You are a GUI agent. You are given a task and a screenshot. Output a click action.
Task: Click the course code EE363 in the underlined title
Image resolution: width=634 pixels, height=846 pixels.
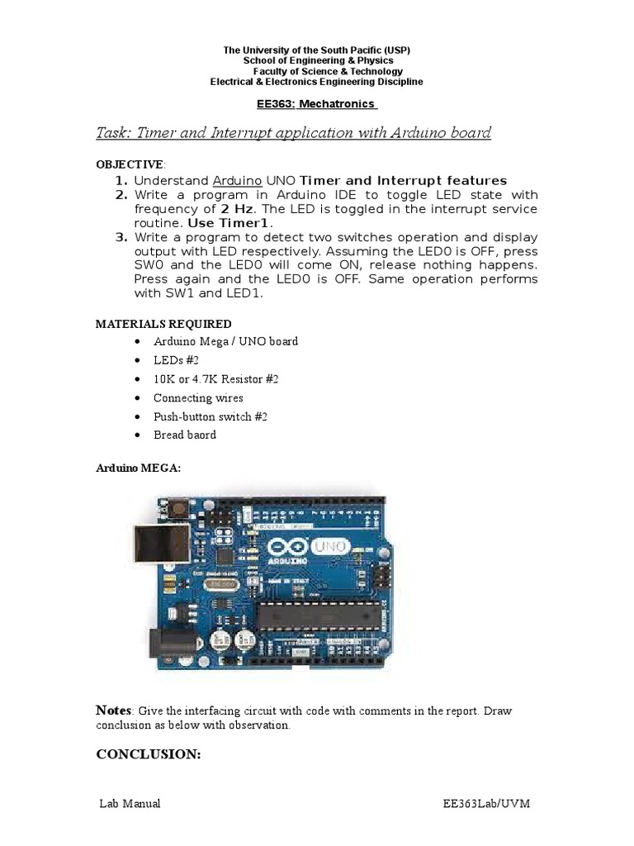277,104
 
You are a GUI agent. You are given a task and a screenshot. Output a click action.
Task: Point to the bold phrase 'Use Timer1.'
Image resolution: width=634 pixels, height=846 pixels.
230,223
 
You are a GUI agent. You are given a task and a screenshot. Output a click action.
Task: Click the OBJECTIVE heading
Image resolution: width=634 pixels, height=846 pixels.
130,164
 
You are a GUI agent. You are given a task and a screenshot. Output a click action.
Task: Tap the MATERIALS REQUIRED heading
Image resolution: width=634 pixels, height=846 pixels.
163,324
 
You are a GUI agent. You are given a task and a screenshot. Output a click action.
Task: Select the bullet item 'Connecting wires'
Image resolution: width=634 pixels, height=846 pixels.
198,397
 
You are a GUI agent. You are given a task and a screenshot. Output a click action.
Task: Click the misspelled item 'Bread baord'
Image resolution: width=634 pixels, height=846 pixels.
185,435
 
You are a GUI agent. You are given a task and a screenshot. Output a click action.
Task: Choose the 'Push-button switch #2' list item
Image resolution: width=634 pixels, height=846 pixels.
211,416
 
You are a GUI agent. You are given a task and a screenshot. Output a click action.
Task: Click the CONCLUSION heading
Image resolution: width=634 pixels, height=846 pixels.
149,754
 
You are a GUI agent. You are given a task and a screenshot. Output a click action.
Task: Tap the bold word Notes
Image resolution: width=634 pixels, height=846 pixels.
114,711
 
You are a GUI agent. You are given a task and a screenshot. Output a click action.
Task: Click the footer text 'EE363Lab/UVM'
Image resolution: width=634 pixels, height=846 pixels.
490,804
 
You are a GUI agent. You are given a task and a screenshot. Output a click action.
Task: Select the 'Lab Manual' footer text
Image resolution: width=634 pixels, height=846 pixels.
130,804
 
